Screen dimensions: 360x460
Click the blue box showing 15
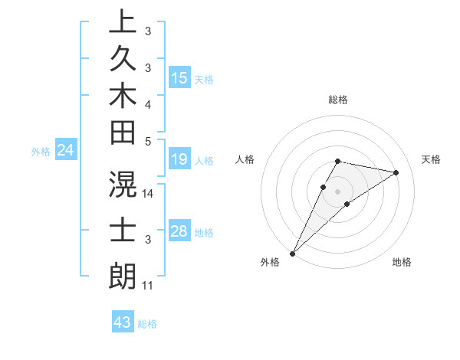179,78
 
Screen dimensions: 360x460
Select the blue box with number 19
179,159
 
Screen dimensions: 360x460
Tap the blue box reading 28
179,231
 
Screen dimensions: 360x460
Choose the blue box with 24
66,151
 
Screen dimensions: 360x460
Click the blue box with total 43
123,322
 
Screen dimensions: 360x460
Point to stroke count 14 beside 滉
149,195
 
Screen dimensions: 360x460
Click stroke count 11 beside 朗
148,286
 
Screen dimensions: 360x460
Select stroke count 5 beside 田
148,141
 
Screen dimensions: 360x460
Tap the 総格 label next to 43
147,324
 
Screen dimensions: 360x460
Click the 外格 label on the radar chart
270,263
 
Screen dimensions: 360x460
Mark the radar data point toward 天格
396,172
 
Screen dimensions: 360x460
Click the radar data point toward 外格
293,253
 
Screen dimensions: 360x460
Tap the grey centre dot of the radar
337,191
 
